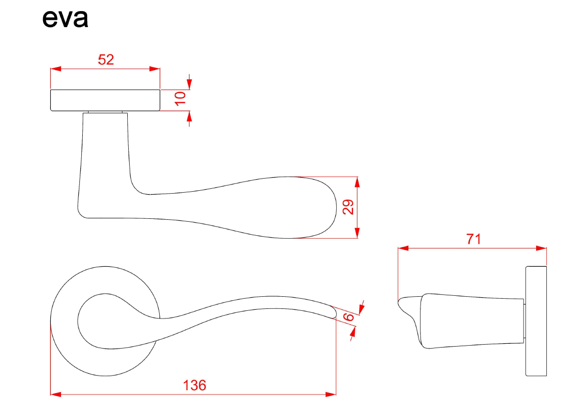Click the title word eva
(x=65, y=18)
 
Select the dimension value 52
(x=106, y=60)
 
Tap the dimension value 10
(x=180, y=98)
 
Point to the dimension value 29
(x=348, y=207)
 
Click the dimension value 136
(x=195, y=385)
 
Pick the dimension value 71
(x=473, y=239)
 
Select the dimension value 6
(x=348, y=317)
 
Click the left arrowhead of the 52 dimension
(x=56, y=69)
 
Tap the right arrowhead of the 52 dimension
(x=155, y=69)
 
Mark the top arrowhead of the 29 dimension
(x=357, y=182)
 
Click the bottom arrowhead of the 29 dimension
(x=357, y=233)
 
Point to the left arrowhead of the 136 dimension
(x=56, y=394)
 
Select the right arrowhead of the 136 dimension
(x=331, y=394)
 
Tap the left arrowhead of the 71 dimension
(x=404, y=248)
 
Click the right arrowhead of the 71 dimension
(x=541, y=248)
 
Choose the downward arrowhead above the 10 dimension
(x=189, y=84)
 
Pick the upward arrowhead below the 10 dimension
(x=189, y=117)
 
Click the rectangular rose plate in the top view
(x=105, y=100)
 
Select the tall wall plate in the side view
(x=536, y=321)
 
